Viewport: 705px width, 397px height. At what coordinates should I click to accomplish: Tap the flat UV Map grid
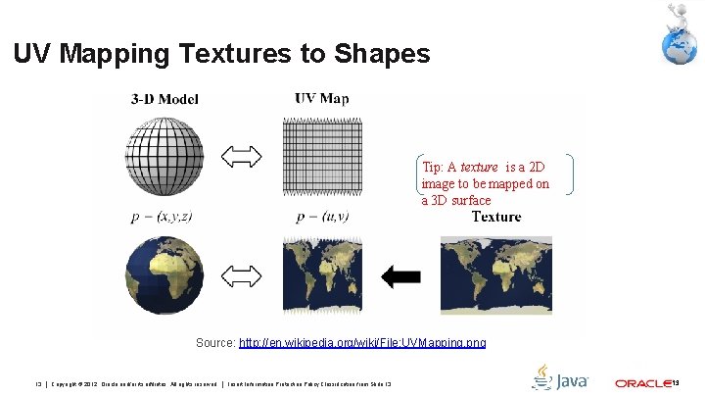tap(321, 158)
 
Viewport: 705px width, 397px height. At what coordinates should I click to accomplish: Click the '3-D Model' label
tap(162, 98)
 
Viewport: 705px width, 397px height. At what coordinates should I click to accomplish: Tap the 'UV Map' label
tap(321, 98)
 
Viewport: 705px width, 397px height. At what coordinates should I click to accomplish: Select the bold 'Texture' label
tap(496, 217)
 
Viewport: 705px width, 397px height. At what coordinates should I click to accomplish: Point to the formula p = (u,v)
tap(321, 217)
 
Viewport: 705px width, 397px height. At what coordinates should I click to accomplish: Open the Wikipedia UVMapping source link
tap(362, 343)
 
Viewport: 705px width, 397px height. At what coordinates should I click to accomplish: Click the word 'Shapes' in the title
tap(376, 54)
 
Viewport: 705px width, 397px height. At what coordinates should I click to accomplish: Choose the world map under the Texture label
tap(495, 275)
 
